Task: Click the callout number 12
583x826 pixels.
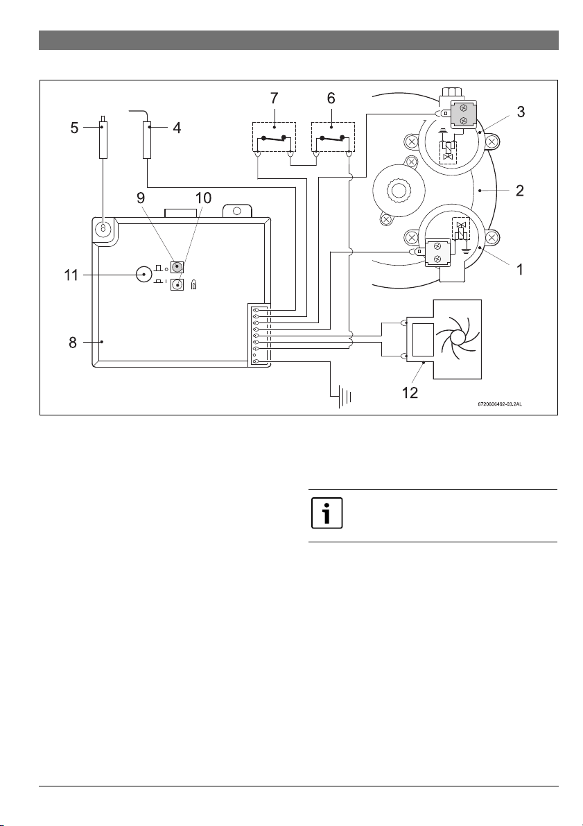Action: click(410, 393)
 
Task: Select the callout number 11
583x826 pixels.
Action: click(71, 275)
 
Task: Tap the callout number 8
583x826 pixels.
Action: click(73, 343)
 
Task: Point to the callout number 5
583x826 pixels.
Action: click(75, 128)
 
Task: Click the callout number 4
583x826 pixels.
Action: click(177, 128)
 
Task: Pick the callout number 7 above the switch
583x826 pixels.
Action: click(275, 98)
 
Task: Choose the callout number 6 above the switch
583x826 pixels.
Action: click(331, 98)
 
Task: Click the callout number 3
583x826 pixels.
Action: click(521, 112)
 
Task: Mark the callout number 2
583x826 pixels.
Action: click(520, 190)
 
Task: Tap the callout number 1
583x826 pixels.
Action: click(520, 270)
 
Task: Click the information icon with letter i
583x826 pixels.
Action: click(327, 513)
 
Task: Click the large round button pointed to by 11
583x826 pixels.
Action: click(144, 275)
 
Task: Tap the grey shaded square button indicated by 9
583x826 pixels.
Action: click(177, 266)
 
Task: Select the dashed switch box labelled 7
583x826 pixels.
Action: click(274, 137)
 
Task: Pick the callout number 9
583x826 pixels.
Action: click(141, 198)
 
